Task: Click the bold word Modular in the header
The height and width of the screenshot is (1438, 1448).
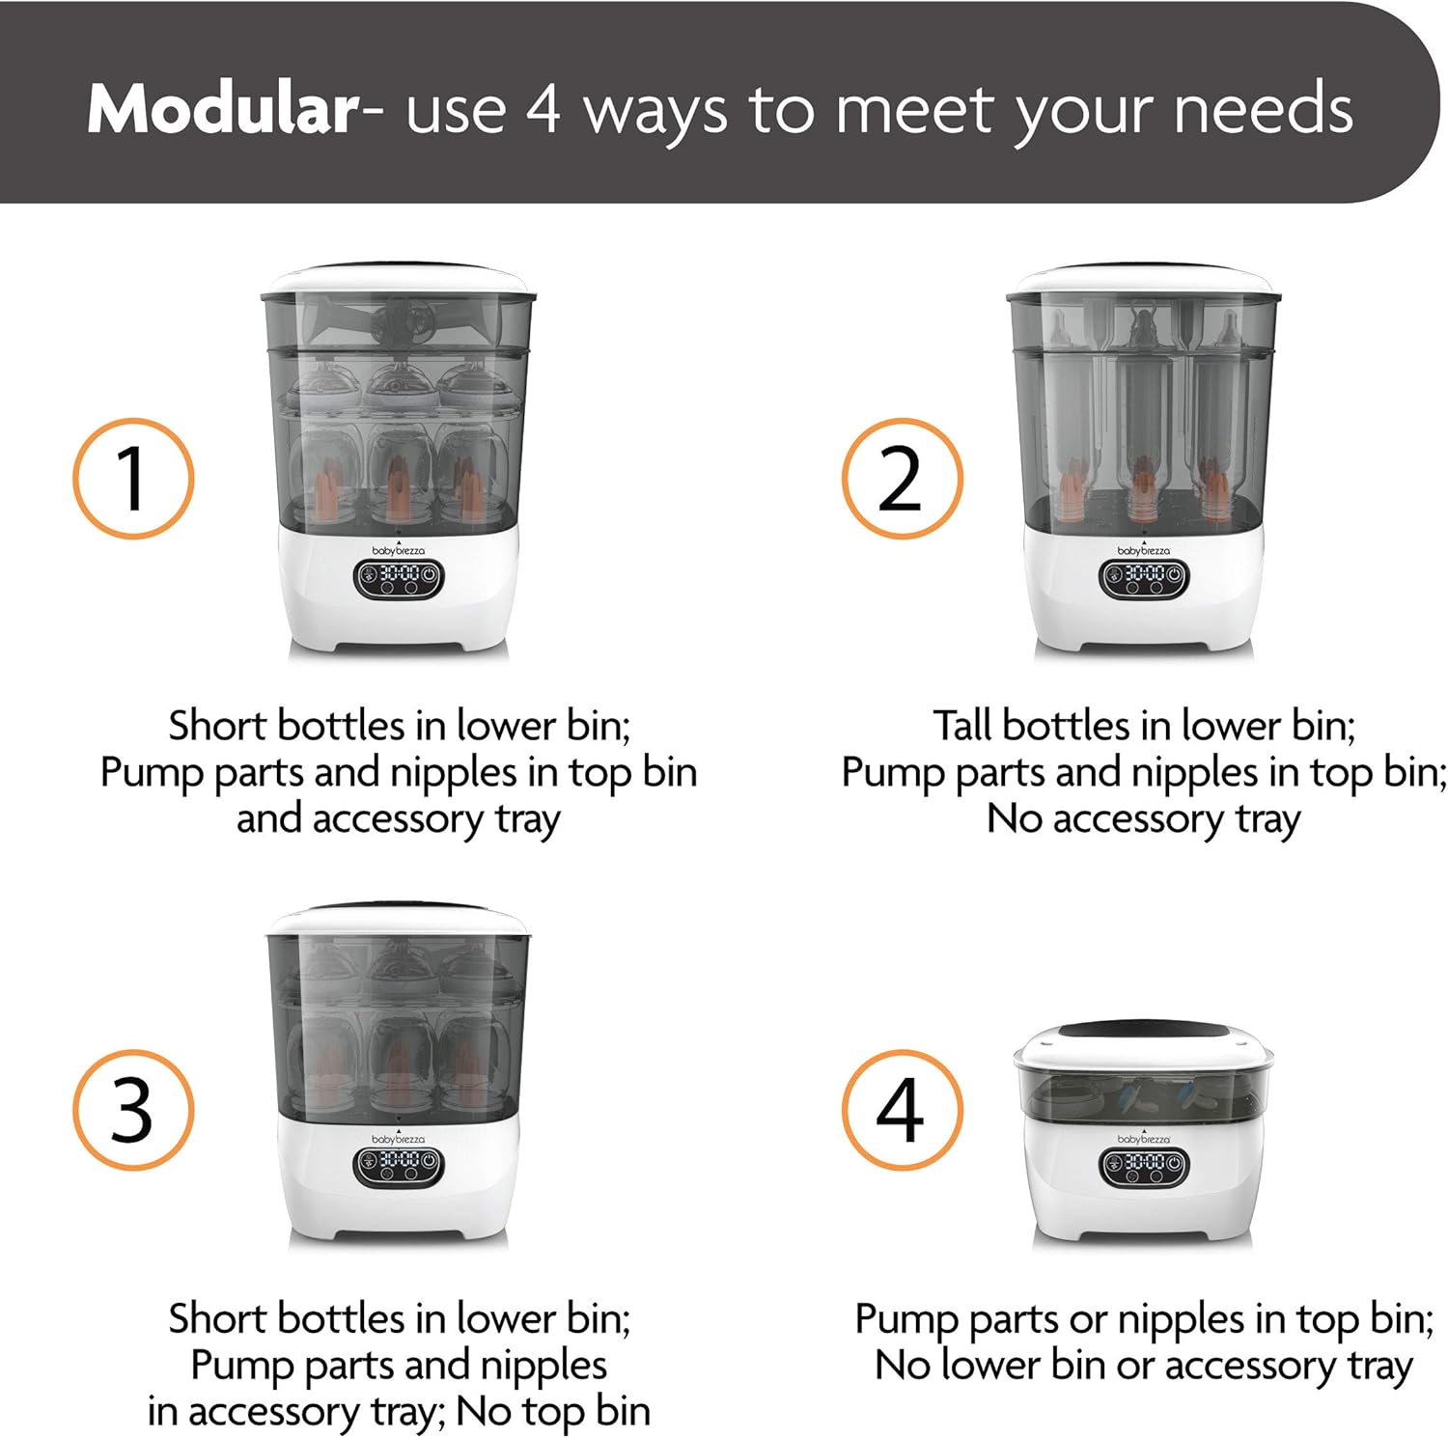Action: coord(223,109)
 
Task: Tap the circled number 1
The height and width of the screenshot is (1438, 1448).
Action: coord(133,479)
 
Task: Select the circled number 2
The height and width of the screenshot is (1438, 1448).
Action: coord(902,479)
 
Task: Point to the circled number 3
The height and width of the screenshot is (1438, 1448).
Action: coord(133,1111)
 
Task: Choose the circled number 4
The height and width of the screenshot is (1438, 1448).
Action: coord(902,1111)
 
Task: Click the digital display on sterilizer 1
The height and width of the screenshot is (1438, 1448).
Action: coord(398,577)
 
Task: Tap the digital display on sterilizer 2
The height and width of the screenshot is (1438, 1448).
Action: coord(1144,577)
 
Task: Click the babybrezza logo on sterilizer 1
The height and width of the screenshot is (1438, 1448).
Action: coord(398,550)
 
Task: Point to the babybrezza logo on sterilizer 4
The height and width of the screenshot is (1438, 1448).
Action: coord(1144,1139)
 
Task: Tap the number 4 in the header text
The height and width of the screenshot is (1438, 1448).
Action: coord(543,109)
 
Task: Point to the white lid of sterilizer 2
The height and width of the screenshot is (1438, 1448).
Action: coord(1144,279)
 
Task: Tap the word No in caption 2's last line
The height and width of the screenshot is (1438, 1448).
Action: coord(1015,818)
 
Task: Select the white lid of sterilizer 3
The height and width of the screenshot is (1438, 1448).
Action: coord(398,921)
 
